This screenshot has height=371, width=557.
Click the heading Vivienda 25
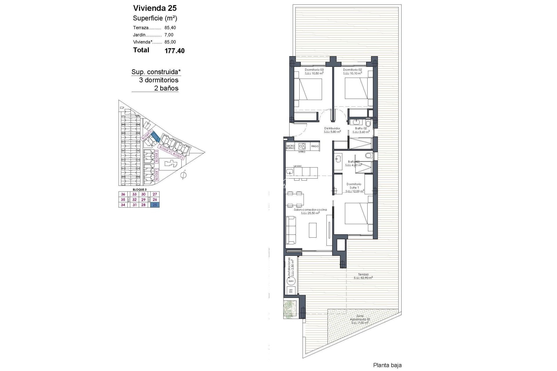(x=155, y=8)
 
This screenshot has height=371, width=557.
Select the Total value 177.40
(x=174, y=51)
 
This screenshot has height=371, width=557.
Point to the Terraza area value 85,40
(x=170, y=28)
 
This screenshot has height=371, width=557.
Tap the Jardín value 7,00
(x=169, y=35)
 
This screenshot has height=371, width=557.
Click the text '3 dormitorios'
(x=159, y=80)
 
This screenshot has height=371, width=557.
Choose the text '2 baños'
(x=166, y=88)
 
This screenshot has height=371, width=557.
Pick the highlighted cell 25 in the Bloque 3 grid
(x=155, y=205)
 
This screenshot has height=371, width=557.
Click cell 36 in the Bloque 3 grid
(x=123, y=194)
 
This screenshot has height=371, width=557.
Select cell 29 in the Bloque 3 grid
(x=143, y=200)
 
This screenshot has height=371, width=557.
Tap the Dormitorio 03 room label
(x=314, y=70)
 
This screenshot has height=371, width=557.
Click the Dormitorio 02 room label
(x=352, y=70)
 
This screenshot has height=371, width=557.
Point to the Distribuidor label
(x=332, y=128)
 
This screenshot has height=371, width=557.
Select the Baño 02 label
(x=361, y=128)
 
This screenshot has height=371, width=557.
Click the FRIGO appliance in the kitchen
(x=315, y=146)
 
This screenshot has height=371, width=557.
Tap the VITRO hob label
(x=302, y=152)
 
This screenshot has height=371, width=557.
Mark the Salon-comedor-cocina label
(x=310, y=210)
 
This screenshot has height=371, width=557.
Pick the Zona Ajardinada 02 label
(x=360, y=319)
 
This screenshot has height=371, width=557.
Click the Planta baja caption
(x=387, y=365)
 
